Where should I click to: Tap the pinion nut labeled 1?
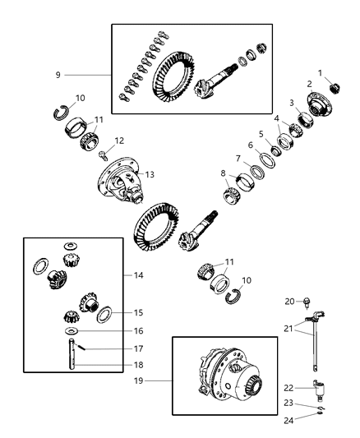(x=335, y=88)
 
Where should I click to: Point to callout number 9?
(x=58, y=75)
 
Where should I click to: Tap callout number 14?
(x=137, y=276)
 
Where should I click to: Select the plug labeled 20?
(x=306, y=302)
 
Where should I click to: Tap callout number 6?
(x=252, y=145)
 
